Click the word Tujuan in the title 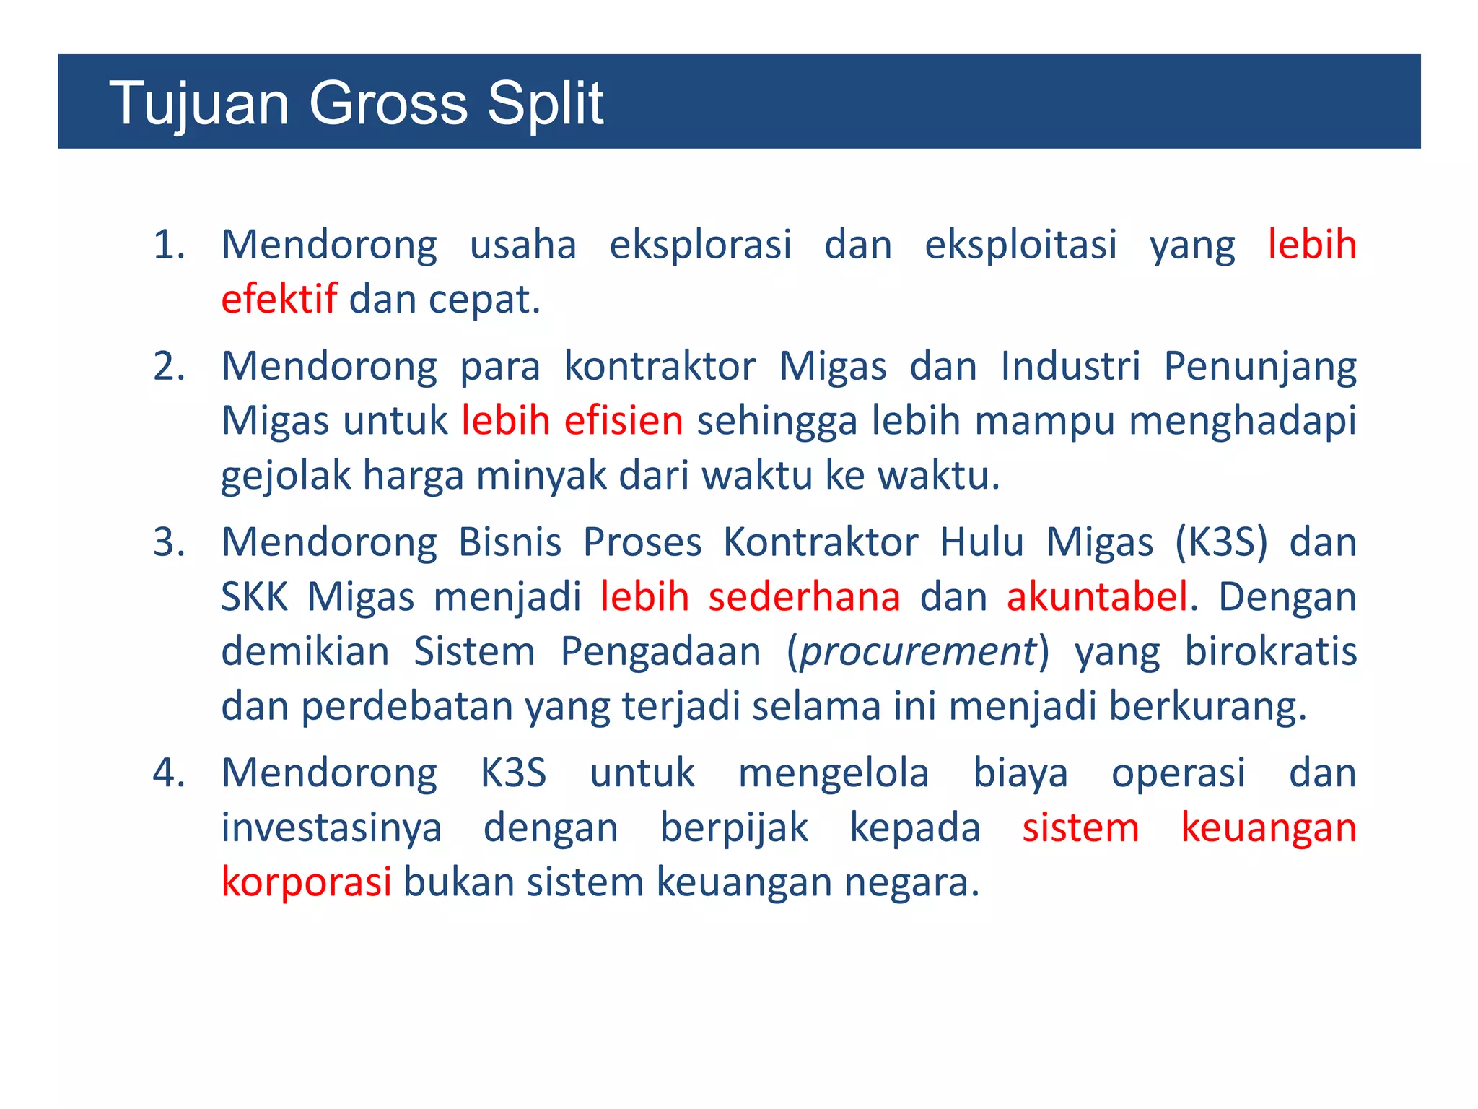click(199, 103)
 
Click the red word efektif click(279, 299)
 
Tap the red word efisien click(624, 420)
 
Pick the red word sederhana click(804, 597)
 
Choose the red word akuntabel click(1097, 597)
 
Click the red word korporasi click(306, 882)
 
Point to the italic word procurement click(918, 652)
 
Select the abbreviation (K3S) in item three click(1221, 542)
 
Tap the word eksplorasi click(700, 245)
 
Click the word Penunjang click(1260, 366)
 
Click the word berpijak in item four click(734, 827)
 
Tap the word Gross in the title click(388, 103)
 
